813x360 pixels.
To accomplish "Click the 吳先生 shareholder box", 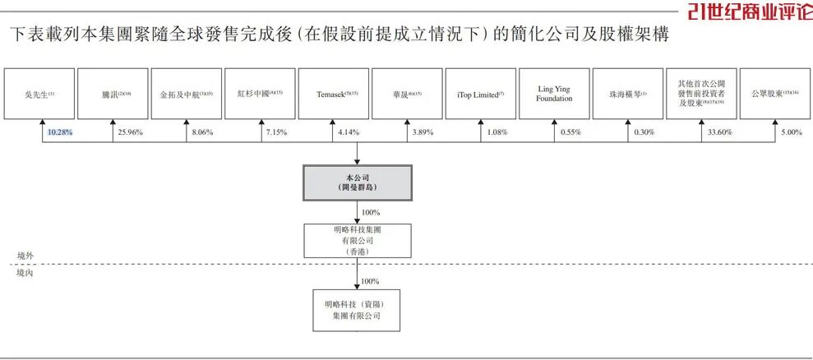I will (39, 95).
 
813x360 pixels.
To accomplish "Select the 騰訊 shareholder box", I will (113, 95).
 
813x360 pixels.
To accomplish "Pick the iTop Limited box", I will (481, 95).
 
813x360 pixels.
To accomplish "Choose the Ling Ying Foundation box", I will (554, 95).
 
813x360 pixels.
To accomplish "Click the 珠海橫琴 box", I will (628, 95).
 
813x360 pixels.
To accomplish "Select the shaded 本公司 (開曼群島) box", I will (356, 182).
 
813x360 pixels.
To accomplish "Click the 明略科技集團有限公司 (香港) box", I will (356, 240).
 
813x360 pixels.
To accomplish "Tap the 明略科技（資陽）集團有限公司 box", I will (357, 310).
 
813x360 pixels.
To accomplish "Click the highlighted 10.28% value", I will (60, 132).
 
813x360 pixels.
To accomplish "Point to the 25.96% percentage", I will (131, 132).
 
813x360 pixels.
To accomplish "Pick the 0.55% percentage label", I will (570, 132).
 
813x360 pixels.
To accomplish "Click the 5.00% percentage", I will (791, 132).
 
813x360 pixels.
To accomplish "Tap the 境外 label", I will (26, 256).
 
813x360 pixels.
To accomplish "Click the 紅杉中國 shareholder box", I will (260, 95).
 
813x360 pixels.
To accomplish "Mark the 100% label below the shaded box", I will (370, 212).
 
